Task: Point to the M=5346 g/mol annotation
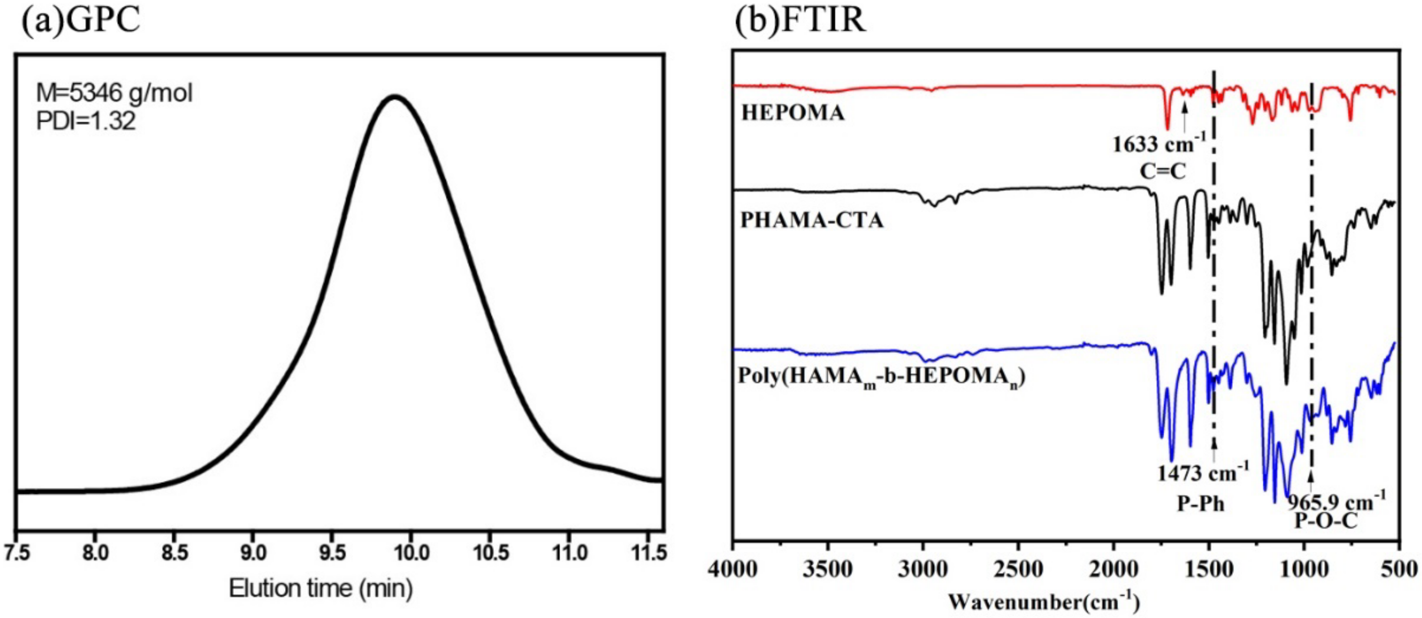click(x=114, y=93)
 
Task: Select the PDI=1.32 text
click(x=86, y=121)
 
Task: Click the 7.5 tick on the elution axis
click(x=18, y=552)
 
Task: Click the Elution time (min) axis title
click(x=321, y=588)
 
